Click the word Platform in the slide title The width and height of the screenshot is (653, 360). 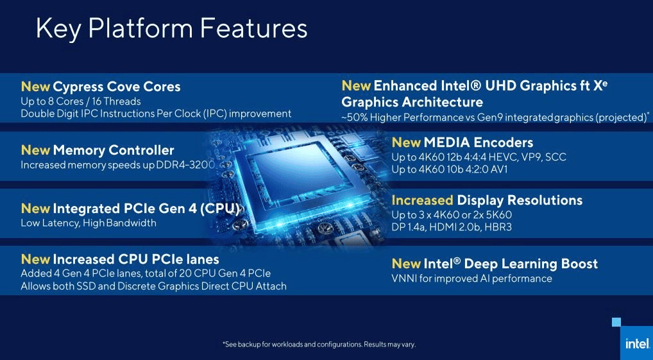point(140,29)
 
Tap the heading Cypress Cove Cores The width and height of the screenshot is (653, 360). point(117,87)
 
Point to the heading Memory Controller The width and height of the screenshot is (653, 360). point(114,150)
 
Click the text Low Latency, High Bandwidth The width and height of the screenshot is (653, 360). point(89,223)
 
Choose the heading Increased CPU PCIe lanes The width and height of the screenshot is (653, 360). point(136,259)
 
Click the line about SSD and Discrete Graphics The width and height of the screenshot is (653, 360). point(154,286)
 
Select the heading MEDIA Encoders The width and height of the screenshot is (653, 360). point(479,142)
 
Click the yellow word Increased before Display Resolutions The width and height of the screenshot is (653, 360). point(422,200)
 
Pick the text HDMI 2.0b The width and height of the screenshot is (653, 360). point(459,227)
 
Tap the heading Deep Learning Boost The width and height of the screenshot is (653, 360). point(531,264)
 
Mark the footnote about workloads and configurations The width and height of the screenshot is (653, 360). point(319,345)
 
